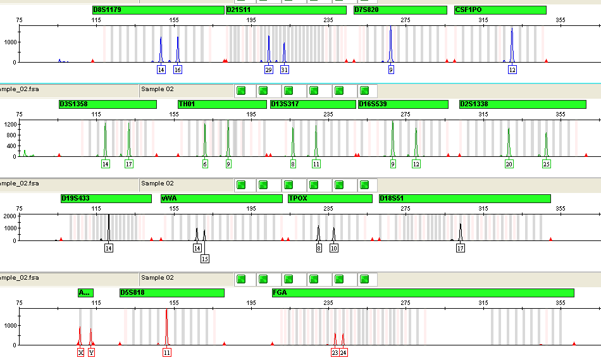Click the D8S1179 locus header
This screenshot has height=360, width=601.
pyautogui.click(x=158, y=10)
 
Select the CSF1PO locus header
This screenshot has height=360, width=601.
pyautogui.click(x=500, y=10)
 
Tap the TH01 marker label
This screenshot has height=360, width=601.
pyautogui.click(x=222, y=104)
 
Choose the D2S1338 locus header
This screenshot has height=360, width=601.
pyautogui.click(x=523, y=104)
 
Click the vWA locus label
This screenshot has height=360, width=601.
pyautogui.click(x=221, y=199)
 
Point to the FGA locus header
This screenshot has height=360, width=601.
pyautogui.click(x=423, y=293)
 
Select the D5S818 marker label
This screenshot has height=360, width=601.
pyautogui.click(x=171, y=293)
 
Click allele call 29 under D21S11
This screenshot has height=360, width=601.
pyautogui.click(x=269, y=70)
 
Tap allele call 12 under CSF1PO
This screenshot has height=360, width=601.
pyautogui.click(x=512, y=70)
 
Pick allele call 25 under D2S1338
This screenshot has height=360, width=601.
pyautogui.click(x=546, y=164)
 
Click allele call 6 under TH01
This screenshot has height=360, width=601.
pyautogui.click(x=205, y=164)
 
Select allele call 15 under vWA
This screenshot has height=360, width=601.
pyautogui.click(x=205, y=259)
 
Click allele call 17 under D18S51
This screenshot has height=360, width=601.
pyautogui.click(x=461, y=249)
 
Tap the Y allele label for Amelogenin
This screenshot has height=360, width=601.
pyautogui.click(x=91, y=352)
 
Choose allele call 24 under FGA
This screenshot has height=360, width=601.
pyautogui.click(x=344, y=352)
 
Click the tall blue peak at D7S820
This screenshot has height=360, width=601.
pyautogui.click(x=390, y=44)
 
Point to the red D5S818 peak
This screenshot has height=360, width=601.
pyautogui.click(x=166, y=327)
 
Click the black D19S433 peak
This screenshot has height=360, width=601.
pyautogui.click(x=109, y=228)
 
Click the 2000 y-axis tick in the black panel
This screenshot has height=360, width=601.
pyautogui.click(x=10, y=216)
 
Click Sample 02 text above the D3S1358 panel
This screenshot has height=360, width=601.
pyautogui.click(x=157, y=89)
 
